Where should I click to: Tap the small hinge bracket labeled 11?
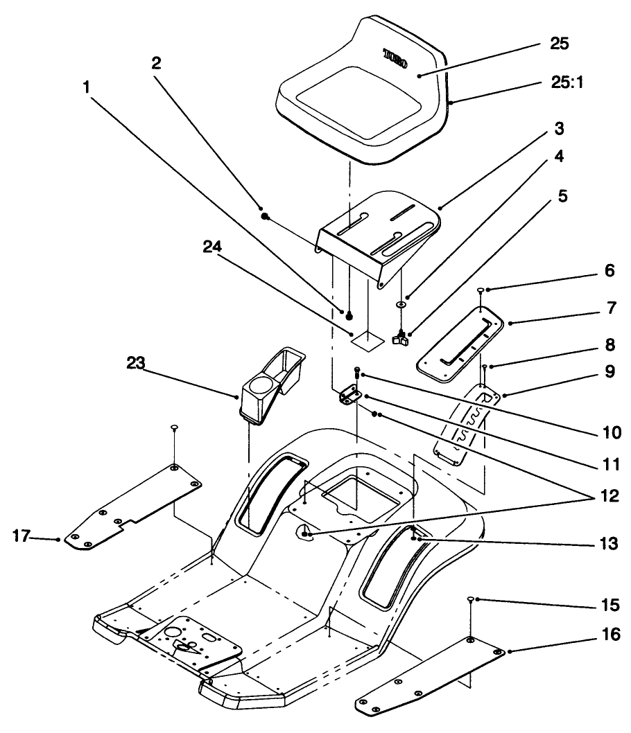349,396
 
